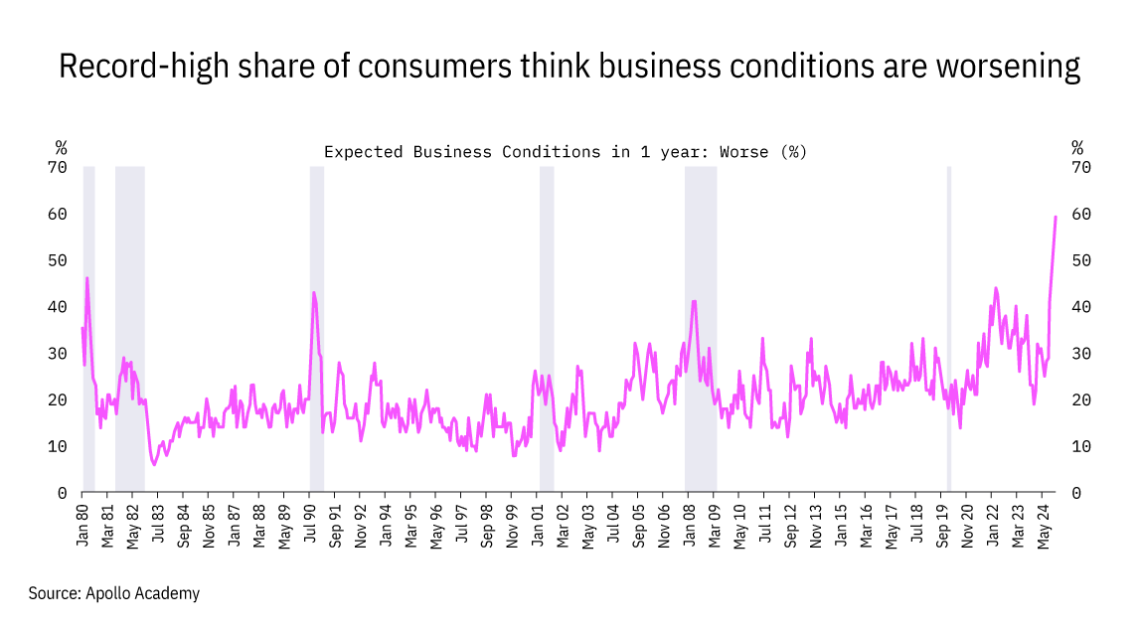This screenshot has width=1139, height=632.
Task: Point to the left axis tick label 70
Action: (57, 167)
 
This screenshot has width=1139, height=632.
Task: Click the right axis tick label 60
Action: (1080, 214)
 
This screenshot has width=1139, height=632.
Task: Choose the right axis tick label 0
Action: (1075, 493)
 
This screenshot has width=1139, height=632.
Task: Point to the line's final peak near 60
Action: (1055, 217)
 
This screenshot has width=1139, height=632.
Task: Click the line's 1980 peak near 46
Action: (87, 278)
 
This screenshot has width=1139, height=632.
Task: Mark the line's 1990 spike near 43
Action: (314, 292)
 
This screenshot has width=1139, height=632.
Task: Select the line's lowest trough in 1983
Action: (153, 464)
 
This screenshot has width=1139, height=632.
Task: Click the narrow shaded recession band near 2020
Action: (948, 328)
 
